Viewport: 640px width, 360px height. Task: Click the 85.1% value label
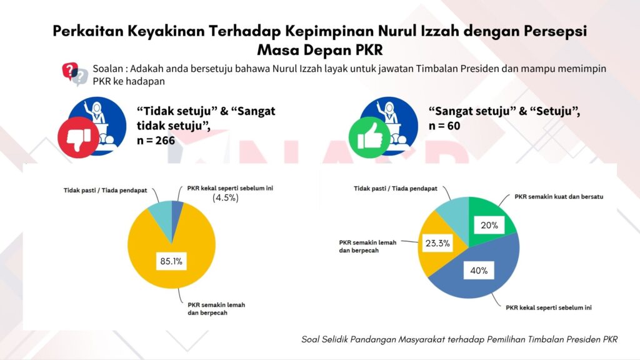[x=171, y=261]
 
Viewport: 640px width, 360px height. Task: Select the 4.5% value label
[x=225, y=198]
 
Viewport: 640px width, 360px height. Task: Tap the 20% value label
[x=489, y=225]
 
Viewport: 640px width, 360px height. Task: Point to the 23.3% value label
[x=437, y=243]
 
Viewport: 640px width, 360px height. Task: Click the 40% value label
[x=479, y=271]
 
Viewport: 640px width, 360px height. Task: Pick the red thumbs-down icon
[x=78, y=138]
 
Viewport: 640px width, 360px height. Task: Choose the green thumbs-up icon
[x=370, y=138]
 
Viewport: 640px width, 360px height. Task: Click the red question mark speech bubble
[x=70, y=71]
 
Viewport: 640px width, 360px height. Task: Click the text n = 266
[x=156, y=141]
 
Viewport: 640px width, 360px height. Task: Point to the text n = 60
[x=444, y=126]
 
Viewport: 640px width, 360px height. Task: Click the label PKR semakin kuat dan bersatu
[x=559, y=197]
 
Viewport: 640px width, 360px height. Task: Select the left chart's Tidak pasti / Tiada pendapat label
[x=105, y=190]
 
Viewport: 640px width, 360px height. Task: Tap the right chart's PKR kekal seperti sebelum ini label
[x=549, y=307]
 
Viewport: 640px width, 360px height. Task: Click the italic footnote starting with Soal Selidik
[x=459, y=339]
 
